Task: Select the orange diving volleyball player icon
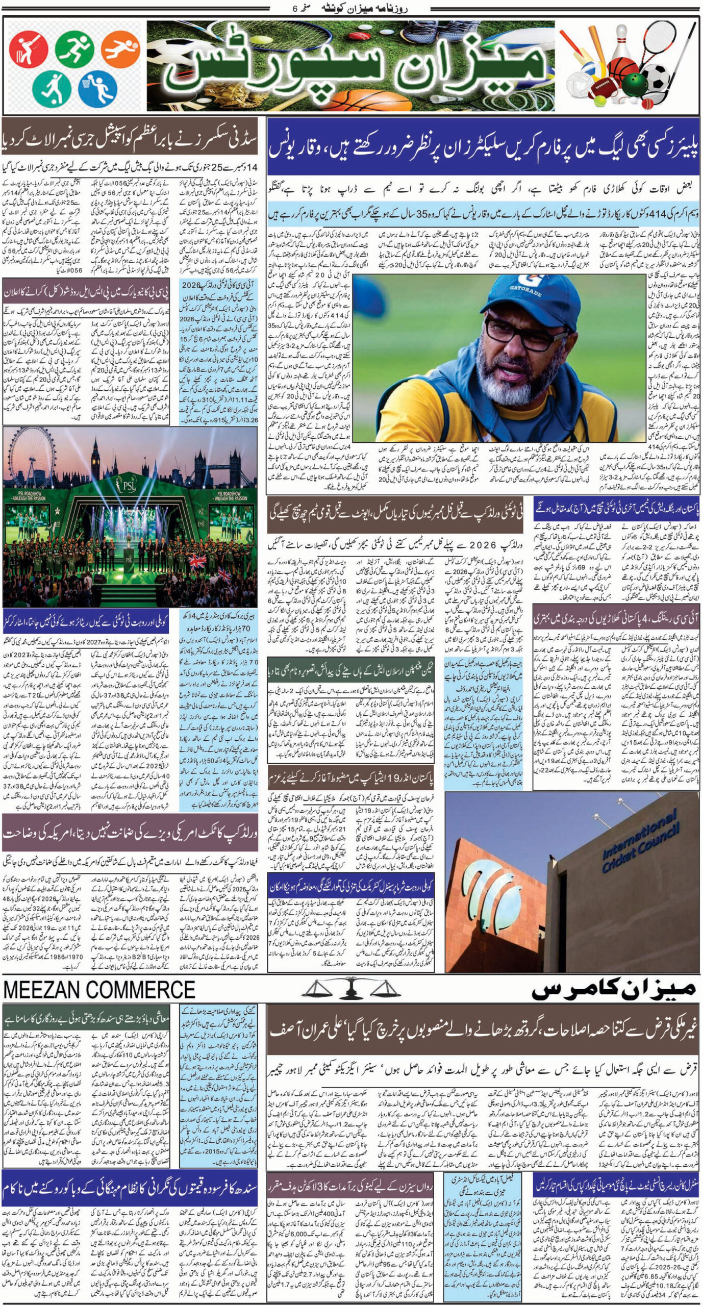(120, 51)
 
